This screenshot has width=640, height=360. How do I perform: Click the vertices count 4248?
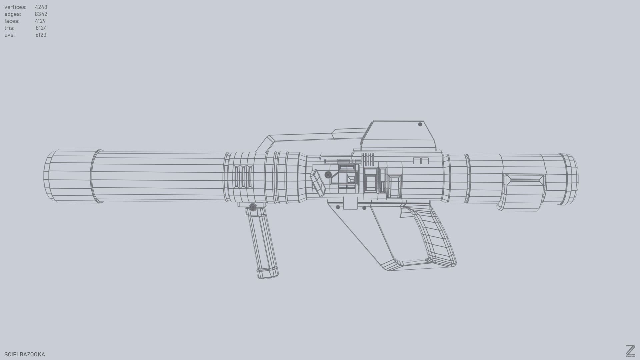(x=41, y=7)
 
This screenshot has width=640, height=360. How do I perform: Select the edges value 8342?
(x=41, y=14)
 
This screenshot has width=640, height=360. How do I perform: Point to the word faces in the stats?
(x=12, y=21)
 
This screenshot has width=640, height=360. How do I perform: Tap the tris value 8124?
(x=41, y=28)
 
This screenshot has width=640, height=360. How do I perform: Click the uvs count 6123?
(x=41, y=35)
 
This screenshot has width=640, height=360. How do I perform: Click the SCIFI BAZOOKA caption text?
(x=25, y=354)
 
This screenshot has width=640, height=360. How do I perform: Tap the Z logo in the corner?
(x=630, y=351)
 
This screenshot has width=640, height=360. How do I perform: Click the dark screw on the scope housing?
(x=420, y=124)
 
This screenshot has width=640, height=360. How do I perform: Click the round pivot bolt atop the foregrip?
(x=253, y=208)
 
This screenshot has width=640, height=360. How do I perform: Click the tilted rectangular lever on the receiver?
(x=317, y=183)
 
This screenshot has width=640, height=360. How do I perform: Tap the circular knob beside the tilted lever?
(x=328, y=175)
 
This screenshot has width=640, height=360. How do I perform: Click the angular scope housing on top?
(x=398, y=137)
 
